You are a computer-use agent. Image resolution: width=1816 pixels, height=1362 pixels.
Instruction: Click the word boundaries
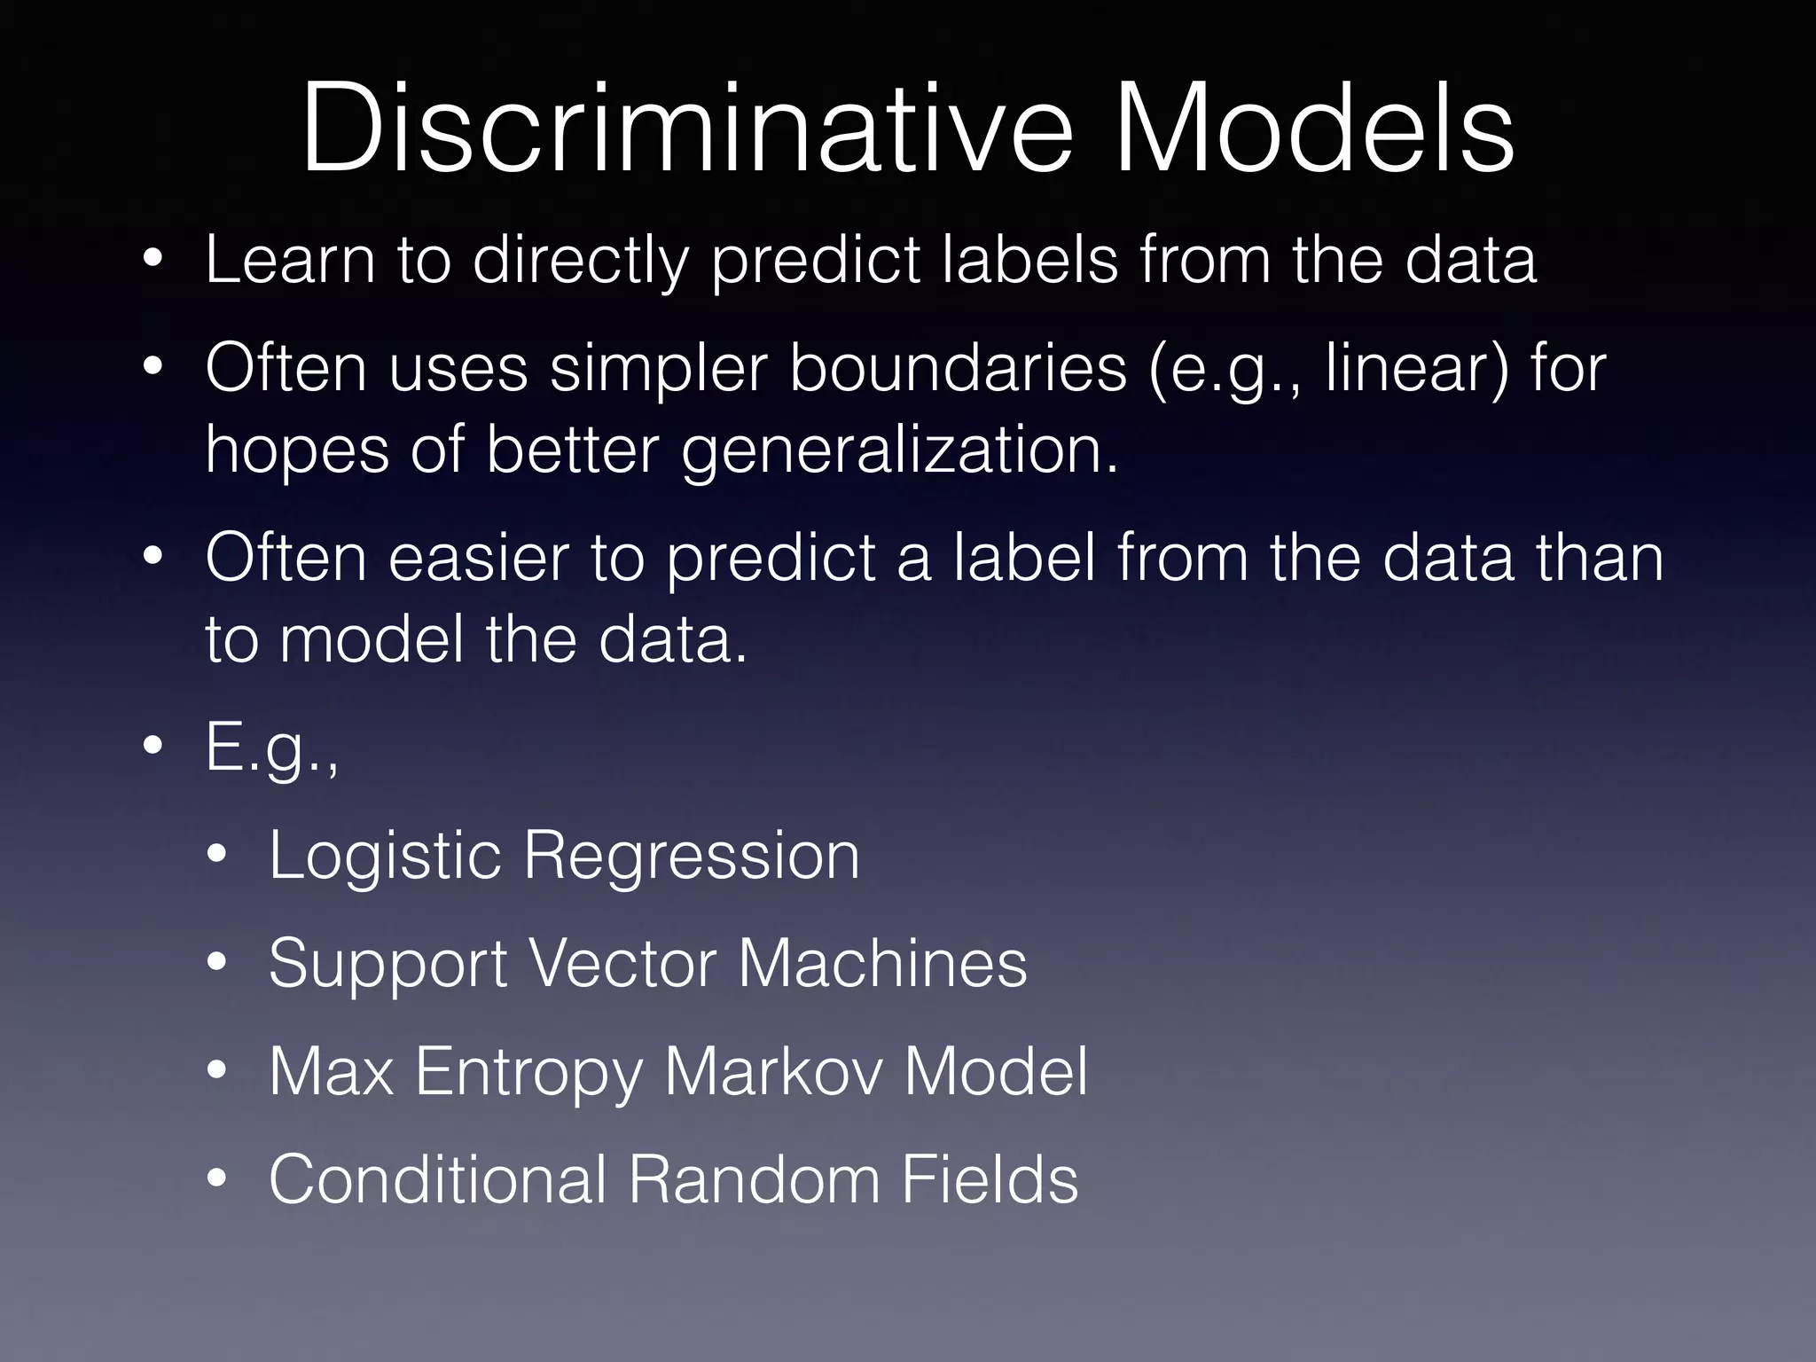pyautogui.click(x=958, y=368)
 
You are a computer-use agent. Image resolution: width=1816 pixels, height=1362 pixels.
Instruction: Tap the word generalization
pyautogui.click(x=899, y=450)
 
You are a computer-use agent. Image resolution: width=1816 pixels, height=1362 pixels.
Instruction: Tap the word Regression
pyautogui.click(x=692, y=857)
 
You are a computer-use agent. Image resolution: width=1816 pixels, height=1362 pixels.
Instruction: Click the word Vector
pyautogui.click(x=622, y=965)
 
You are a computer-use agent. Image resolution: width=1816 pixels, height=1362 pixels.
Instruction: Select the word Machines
pyautogui.click(x=882, y=965)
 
